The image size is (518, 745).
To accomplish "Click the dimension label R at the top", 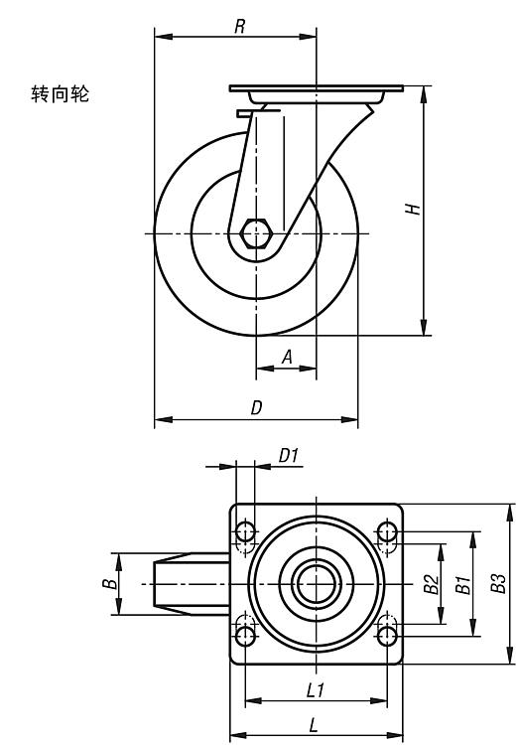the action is pos(240,26).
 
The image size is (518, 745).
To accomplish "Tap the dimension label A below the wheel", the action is pos(287,357).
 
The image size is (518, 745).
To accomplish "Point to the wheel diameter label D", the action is pos(256,407).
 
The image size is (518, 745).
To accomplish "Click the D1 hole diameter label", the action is pos(288,456).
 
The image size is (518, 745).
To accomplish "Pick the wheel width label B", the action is pos(110,583).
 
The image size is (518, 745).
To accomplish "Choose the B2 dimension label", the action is pos(431,584).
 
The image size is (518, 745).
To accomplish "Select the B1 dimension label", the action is pos(462,584).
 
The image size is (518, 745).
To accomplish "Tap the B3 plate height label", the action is pos(498,583).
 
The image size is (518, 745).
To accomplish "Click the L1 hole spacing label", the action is pos(316,690).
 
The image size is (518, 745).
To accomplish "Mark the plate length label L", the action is pos(314,725).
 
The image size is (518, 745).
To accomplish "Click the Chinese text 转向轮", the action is pos(61,93).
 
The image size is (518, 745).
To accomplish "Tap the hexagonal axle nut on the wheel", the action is pos(256,233).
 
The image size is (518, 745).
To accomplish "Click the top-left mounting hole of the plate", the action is pos(245,530).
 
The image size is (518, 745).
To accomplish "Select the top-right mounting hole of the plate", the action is pos(387,530).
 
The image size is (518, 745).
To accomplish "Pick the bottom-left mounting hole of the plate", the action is pos(245,636).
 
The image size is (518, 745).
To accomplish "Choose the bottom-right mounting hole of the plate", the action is pos(387,636).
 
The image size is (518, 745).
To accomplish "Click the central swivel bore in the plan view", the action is pos(317,583).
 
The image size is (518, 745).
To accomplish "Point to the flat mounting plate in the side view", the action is pos(317,88).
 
